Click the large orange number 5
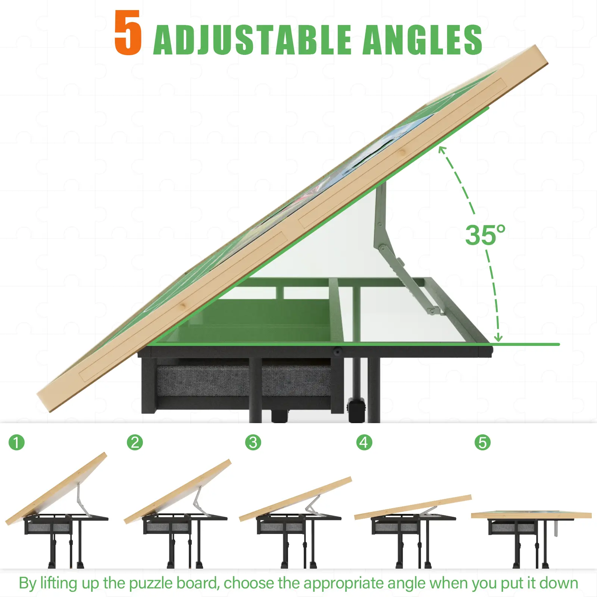click(128, 32)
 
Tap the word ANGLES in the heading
click(422, 40)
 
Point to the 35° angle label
click(485, 235)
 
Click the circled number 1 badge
click(16, 443)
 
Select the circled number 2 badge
click(135, 443)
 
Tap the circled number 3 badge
click(253, 443)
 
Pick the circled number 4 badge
click(364, 443)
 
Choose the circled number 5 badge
click(482, 443)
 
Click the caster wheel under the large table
click(356, 410)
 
